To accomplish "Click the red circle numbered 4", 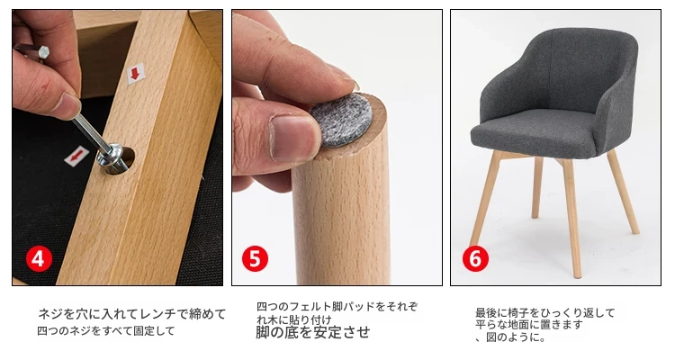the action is pyautogui.click(x=39, y=259).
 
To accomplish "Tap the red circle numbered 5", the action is pyautogui.click(x=255, y=259).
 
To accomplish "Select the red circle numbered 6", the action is pyautogui.click(x=475, y=259).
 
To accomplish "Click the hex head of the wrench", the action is pyautogui.click(x=43, y=52).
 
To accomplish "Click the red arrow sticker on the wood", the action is pyautogui.click(x=136, y=74).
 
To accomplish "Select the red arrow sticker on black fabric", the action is pyautogui.click(x=76, y=156).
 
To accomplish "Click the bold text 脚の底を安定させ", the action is pyautogui.click(x=313, y=332).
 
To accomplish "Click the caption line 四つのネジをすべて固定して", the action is pyautogui.click(x=106, y=331).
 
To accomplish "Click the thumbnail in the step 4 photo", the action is pyautogui.click(x=67, y=106).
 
